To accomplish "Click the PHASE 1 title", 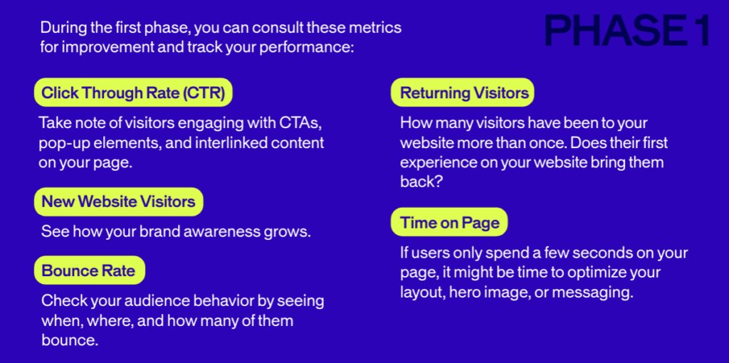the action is [x=627, y=30].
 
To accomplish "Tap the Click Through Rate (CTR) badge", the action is [x=133, y=93].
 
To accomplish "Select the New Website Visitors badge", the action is [x=119, y=201].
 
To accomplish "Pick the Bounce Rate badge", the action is [x=89, y=270].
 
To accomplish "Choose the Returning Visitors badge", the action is [x=463, y=93].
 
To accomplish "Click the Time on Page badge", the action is [x=449, y=222].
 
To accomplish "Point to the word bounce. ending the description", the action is [x=70, y=340].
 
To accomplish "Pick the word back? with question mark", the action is [x=420, y=181].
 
